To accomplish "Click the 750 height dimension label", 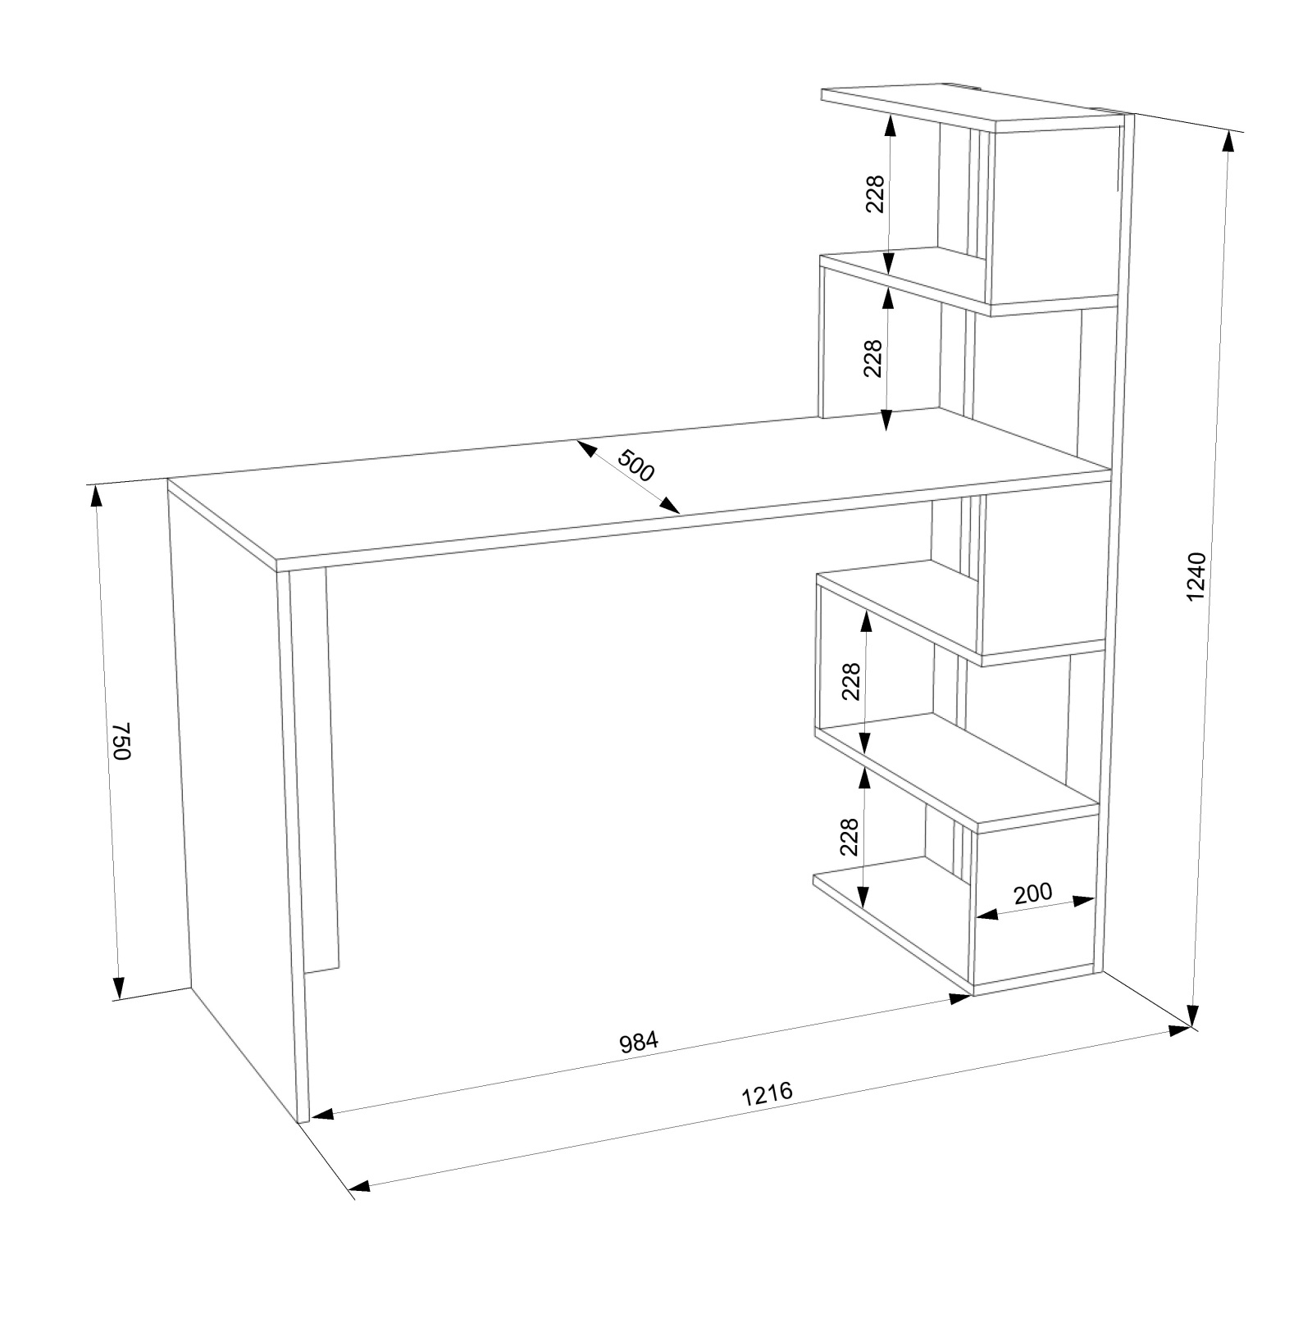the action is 121,741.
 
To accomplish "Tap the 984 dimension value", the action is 639,1043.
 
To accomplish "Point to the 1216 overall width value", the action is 768,1095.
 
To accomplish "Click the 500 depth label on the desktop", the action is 636,466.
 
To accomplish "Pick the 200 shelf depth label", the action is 1032,893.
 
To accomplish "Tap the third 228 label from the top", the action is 851,681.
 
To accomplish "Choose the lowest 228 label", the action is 850,837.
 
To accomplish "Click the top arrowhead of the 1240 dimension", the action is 1228,142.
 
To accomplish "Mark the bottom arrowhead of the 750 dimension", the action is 119,988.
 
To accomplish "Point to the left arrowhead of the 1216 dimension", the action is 359,1186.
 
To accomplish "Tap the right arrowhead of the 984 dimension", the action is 960,998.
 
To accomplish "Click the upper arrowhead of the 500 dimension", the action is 585,448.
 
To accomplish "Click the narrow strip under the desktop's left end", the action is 320,770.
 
